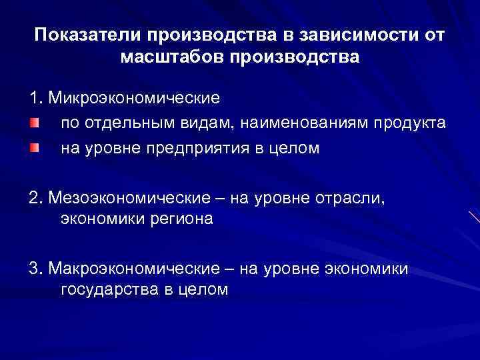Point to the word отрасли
click(x=333, y=197)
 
